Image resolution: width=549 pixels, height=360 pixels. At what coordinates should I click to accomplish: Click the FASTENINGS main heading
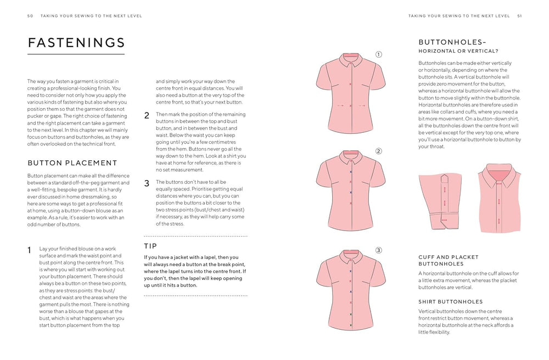click(x=76, y=43)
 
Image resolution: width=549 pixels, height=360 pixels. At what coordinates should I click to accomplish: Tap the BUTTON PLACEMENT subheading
click(x=72, y=162)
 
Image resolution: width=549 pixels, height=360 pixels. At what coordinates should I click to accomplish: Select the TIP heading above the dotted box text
click(x=150, y=246)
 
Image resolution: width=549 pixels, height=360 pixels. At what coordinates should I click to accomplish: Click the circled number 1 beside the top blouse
click(x=378, y=54)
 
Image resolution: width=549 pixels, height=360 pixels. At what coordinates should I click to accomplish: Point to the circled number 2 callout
click(x=378, y=151)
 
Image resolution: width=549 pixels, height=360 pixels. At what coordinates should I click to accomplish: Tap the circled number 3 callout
click(x=378, y=251)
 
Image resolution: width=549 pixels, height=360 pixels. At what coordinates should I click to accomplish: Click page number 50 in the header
click(x=30, y=16)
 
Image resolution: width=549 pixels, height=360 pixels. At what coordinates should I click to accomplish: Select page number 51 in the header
click(x=519, y=16)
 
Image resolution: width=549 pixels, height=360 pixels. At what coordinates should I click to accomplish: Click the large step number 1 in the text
click(x=30, y=250)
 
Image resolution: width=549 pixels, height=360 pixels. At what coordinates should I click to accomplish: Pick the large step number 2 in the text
click(x=147, y=116)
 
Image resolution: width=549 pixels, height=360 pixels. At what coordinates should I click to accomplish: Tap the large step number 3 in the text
click(x=147, y=183)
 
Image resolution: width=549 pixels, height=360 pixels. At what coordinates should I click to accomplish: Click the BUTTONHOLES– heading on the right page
click(x=452, y=42)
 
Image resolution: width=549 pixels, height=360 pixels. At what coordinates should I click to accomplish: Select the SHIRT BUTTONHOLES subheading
click(x=450, y=301)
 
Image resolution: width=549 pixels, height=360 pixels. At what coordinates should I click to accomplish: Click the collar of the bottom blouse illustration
click(x=350, y=257)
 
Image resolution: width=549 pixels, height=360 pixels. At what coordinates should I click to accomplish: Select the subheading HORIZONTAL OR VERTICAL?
click(x=458, y=51)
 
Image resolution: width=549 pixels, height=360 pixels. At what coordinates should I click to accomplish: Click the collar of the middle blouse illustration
click(x=350, y=157)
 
